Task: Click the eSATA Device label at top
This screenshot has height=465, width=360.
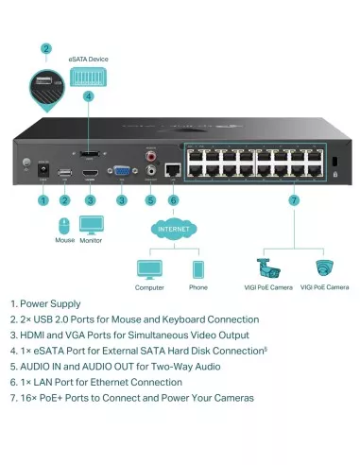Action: click(x=88, y=59)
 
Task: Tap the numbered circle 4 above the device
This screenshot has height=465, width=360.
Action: click(x=88, y=95)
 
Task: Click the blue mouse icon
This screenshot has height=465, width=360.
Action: click(x=64, y=226)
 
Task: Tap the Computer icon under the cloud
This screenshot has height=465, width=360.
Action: click(x=149, y=268)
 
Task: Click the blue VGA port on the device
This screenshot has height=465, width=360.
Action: click(x=122, y=172)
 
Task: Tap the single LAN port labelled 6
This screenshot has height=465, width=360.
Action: click(x=173, y=171)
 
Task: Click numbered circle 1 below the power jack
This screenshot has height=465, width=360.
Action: click(x=42, y=199)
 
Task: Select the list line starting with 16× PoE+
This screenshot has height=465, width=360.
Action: click(x=132, y=397)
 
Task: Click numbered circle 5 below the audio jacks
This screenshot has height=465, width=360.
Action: click(x=149, y=199)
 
